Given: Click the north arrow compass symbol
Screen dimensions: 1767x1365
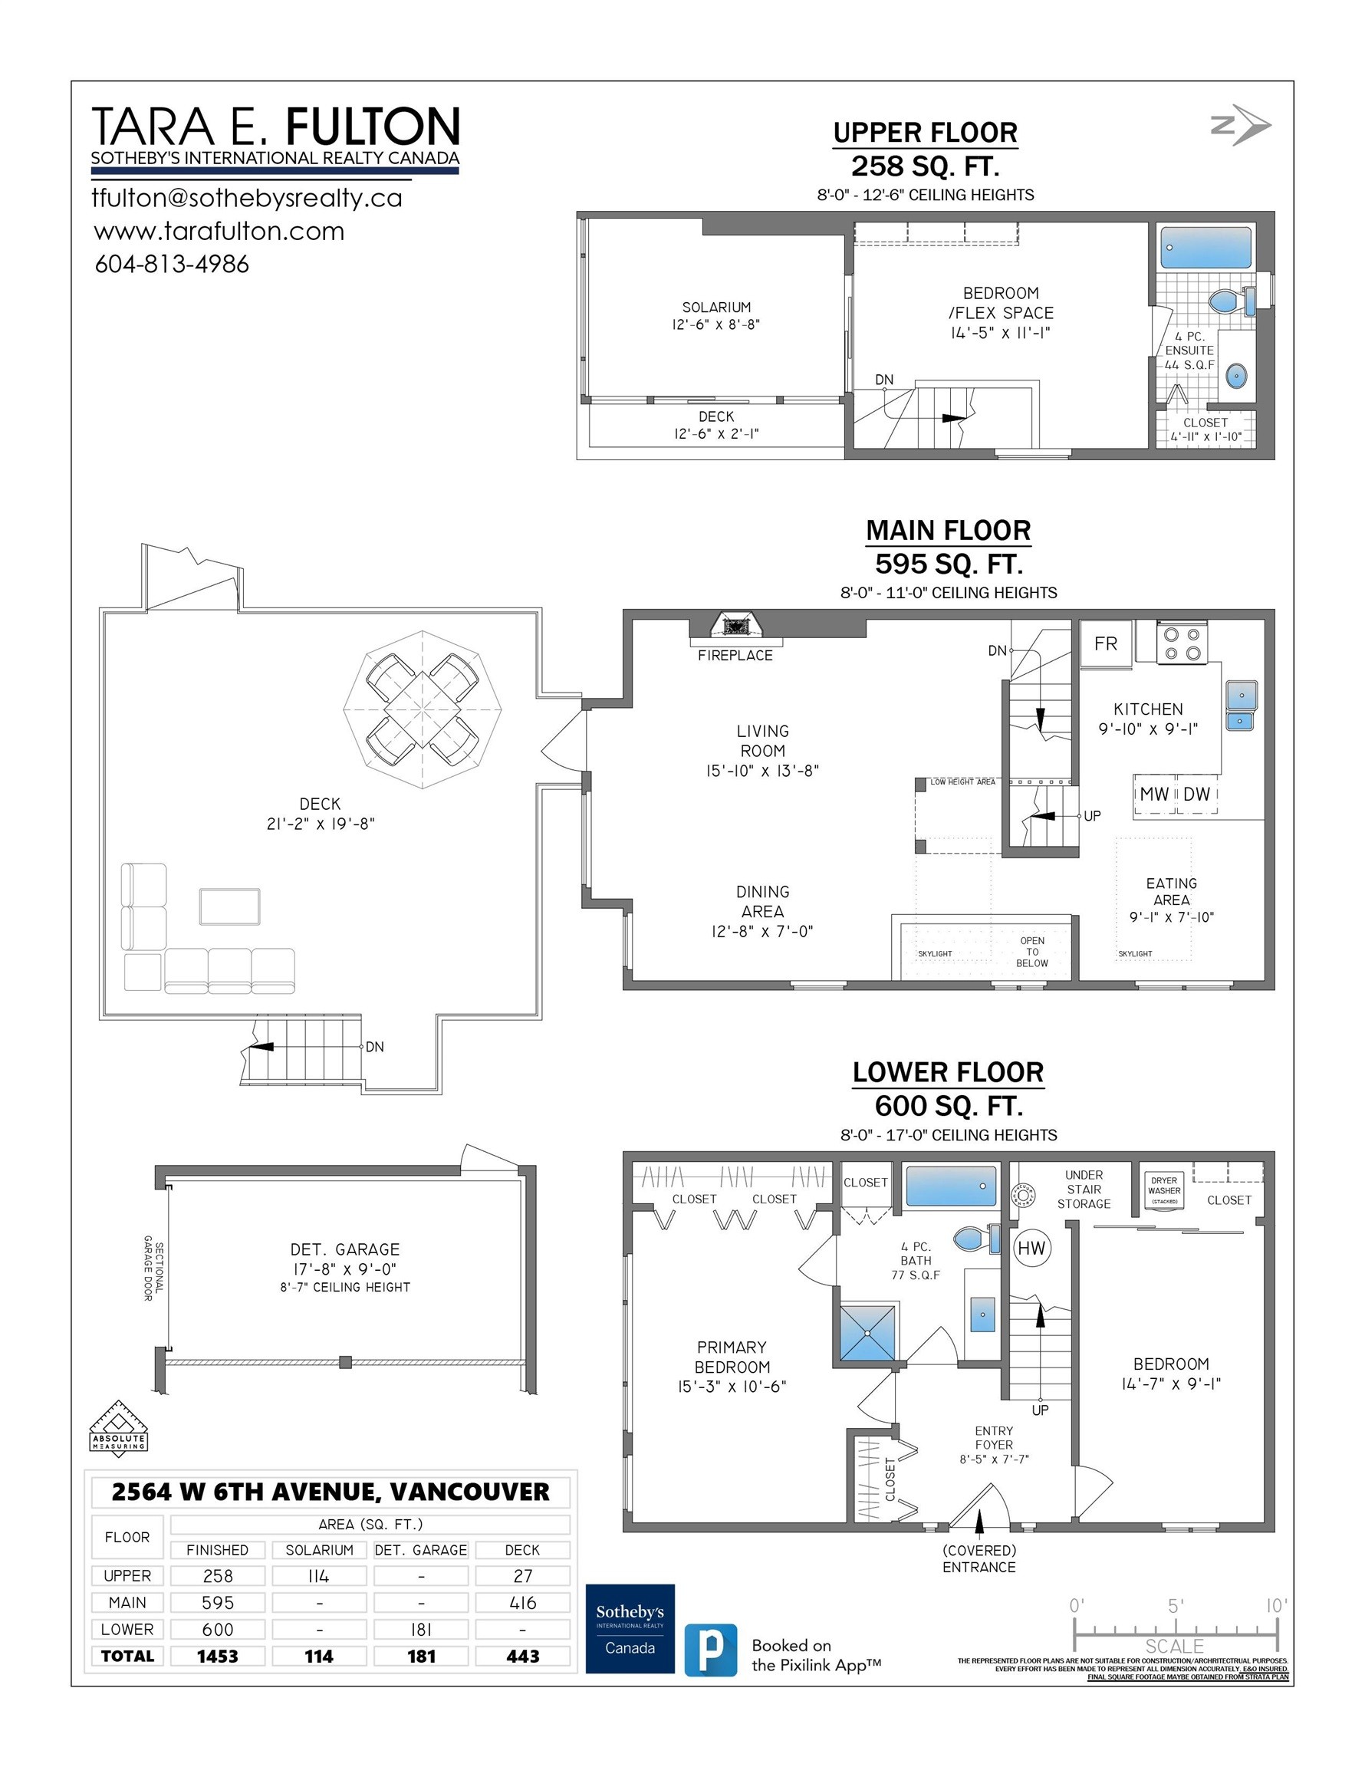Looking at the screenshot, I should point(1241,126).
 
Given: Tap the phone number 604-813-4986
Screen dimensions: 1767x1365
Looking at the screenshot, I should point(172,265).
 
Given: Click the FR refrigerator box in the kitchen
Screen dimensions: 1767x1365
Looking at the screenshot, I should point(1105,644).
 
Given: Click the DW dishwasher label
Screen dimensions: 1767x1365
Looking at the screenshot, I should point(1196,795).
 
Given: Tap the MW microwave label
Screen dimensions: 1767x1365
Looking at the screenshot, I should point(1154,795).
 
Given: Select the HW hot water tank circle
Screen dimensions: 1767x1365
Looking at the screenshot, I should point(1031,1249).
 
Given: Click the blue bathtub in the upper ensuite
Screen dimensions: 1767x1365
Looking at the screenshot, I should point(1205,248).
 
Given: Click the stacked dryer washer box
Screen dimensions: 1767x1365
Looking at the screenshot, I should point(1163,1190).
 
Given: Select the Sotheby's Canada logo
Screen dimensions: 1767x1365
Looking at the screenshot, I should point(630,1629).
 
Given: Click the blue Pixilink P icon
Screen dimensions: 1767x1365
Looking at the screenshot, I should point(710,1650).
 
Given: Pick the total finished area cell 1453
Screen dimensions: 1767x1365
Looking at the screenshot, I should point(218,1656).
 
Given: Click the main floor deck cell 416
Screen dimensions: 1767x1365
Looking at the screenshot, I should point(523,1603).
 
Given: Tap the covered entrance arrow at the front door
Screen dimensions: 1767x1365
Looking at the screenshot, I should point(979,1522).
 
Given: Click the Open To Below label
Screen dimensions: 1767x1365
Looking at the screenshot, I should point(1031,953).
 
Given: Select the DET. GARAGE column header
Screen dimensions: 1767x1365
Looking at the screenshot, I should point(421,1550).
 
